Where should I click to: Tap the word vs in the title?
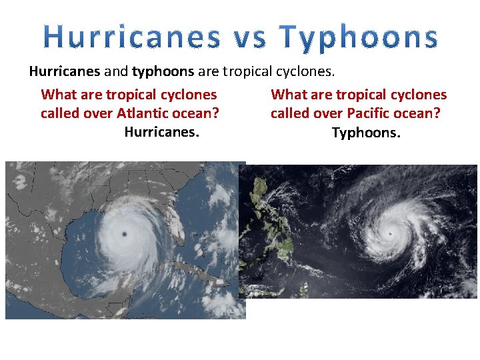coord(250,37)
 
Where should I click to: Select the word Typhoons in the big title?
coord(359,37)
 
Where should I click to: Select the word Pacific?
coord(369,113)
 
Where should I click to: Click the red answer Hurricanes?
coord(161,132)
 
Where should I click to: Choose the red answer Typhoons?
coord(366,133)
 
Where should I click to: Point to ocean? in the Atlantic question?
coord(200,113)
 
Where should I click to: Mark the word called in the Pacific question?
coord(292,113)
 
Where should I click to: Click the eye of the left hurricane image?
coord(125,233)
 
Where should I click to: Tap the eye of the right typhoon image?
coord(390,233)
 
